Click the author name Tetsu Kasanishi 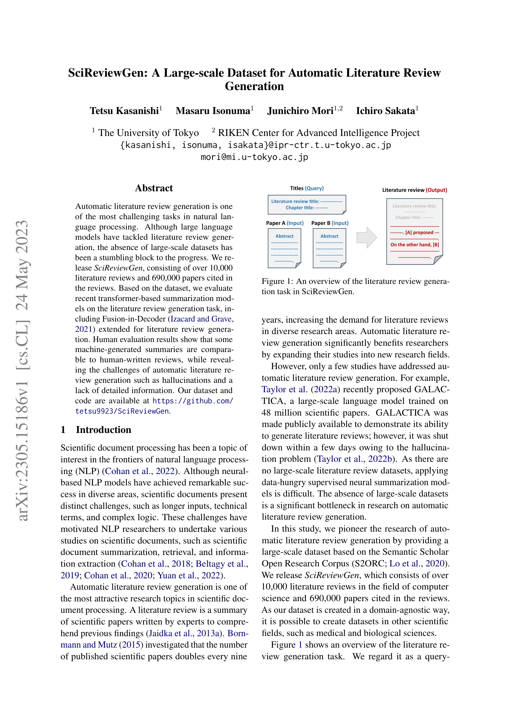click(125, 111)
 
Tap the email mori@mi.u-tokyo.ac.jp click(254, 157)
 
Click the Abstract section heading click(154, 188)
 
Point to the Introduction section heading click(103, 430)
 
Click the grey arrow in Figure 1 click(366, 237)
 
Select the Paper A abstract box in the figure click(284, 248)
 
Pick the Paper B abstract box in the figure click(329, 248)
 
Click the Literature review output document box click(414, 231)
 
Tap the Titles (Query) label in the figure click(307, 188)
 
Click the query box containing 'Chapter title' click(307, 204)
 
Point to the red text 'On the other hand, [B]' click(414, 245)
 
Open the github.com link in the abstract click(193, 401)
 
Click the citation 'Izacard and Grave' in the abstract click(201, 319)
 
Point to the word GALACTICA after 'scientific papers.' click(403, 413)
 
